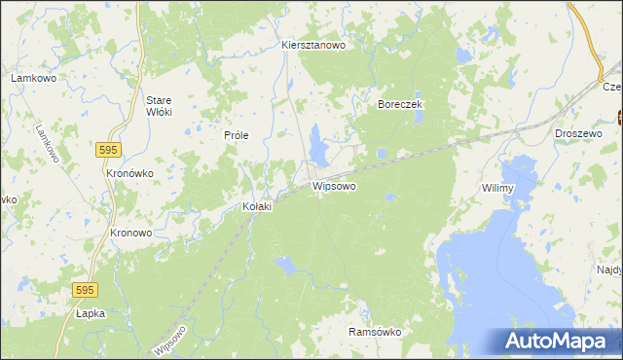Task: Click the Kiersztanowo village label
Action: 312,45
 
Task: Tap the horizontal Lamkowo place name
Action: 30,77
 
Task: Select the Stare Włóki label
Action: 159,106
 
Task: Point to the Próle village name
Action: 238,135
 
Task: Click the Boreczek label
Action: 398,103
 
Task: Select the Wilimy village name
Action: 497,188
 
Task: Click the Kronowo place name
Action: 130,234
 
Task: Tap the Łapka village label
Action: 90,313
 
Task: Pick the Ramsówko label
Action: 375,332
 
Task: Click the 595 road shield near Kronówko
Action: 108,148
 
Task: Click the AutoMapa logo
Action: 558,342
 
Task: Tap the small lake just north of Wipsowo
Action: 317,146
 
